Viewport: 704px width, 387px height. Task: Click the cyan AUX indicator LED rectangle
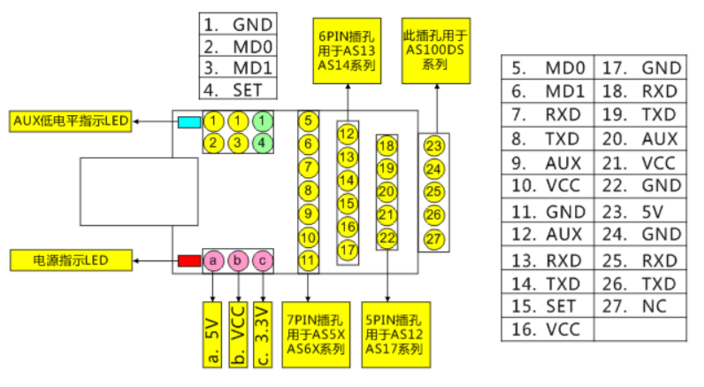click(x=188, y=121)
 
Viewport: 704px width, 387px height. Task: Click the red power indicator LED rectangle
click(x=188, y=260)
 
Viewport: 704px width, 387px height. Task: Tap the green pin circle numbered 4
click(x=263, y=142)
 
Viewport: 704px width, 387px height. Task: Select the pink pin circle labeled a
click(x=213, y=260)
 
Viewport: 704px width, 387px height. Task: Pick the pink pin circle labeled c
click(x=263, y=260)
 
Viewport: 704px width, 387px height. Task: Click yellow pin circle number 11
click(x=307, y=260)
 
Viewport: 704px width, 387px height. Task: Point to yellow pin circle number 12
click(x=348, y=135)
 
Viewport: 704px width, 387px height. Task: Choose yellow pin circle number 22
click(x=387, y=237)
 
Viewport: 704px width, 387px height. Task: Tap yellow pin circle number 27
click(x=433, y=237)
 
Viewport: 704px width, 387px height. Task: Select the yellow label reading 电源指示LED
click(x=70, y=260)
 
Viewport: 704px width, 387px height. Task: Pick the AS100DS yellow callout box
click(x=435, y=49)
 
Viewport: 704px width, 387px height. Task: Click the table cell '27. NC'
click(x=640, y=306)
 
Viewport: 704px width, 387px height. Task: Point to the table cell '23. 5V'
click(x=640, y=212)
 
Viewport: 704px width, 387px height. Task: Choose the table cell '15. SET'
click(x=548, y=306)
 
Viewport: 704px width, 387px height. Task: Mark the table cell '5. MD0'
click(x=548, y=68)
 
